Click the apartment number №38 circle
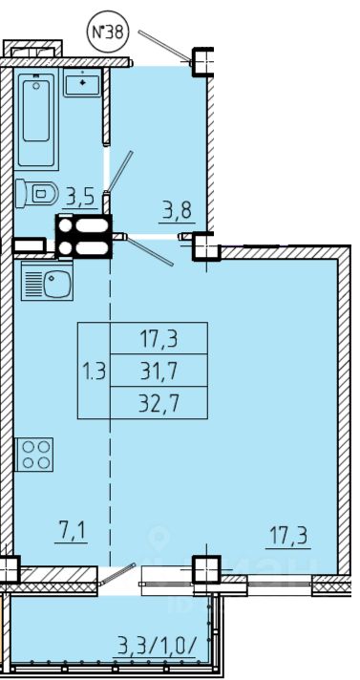pos(109,32)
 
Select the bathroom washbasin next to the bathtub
pos(82,82)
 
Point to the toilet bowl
pos(37,193)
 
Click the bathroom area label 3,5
pos(80,199)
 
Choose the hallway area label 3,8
pos(177,213)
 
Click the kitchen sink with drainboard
pos(47,281)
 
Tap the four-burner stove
pos(34,454)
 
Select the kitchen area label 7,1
pos(71,533)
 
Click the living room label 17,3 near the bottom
pos(288,538)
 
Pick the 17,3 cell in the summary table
pos(159,338)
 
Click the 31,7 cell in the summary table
pos(159,370)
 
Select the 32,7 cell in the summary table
pos(159,402)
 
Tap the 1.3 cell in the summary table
pos(95,371)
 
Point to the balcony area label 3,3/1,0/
pos(158,648)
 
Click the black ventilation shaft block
pos(84,236)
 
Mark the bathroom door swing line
pos(119,172)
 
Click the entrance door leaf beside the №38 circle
pos(165,46)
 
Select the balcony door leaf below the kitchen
pos(117,574)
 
